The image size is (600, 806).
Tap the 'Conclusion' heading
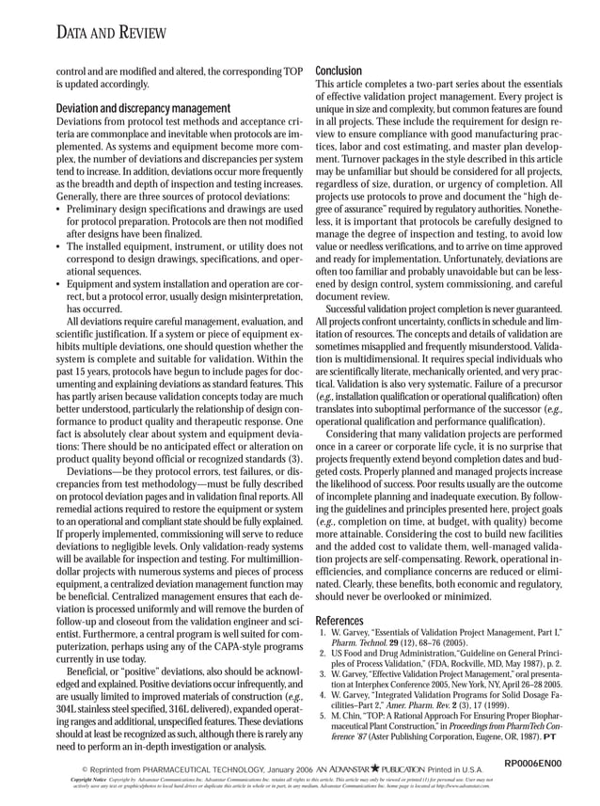(338, 71)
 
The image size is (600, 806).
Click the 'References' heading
(339, 622)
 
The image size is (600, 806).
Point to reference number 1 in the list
(322, 636)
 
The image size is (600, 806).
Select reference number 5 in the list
(322, 716)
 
